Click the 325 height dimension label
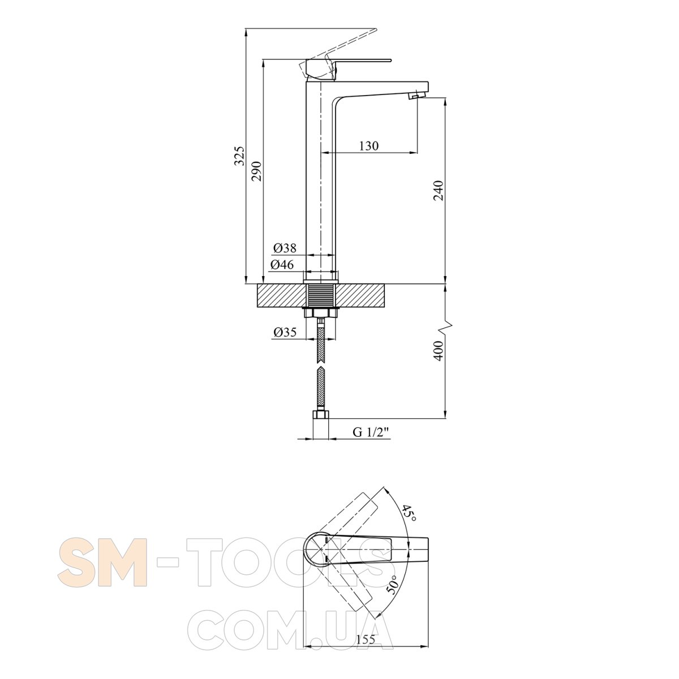[x=239, y=156]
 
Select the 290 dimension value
[x=256, y=171]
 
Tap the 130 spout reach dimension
[x=368, y=145]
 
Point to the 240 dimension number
[x=438, y=191]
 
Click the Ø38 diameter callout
[x=285, y=248]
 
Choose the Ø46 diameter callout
[x=282, y=265]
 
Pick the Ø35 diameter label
[x=285, y=332]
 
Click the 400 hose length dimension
[x=438, y=351]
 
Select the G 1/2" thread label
[x=371, y=432]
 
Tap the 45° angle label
[x=410, y=514]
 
